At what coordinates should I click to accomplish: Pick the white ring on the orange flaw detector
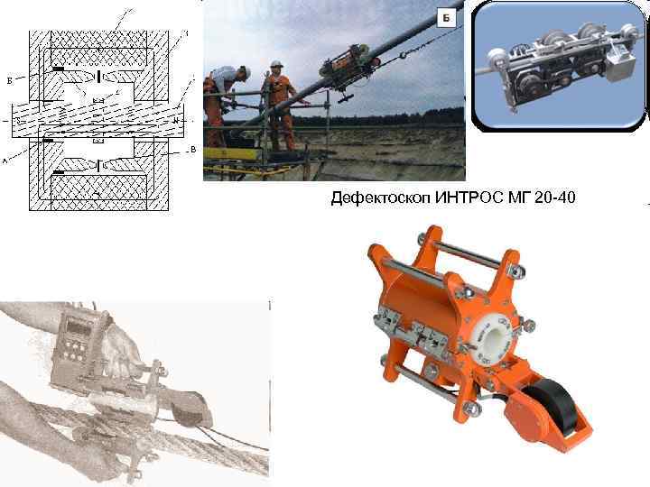click(494, 333)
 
